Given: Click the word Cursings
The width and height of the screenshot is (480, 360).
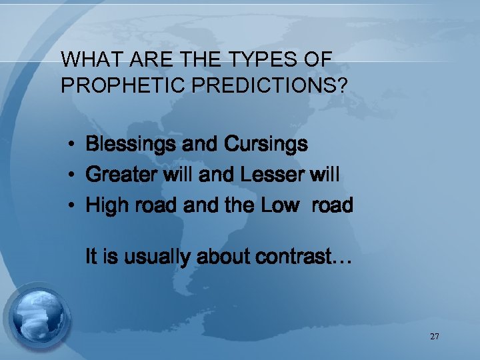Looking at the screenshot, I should pos(267,144).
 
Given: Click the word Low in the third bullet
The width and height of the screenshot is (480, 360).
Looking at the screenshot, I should pos(280,205).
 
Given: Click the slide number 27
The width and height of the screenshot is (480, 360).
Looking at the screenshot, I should pos(435,337).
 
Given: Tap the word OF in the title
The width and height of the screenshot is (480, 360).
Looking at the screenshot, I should pos(317,59).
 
